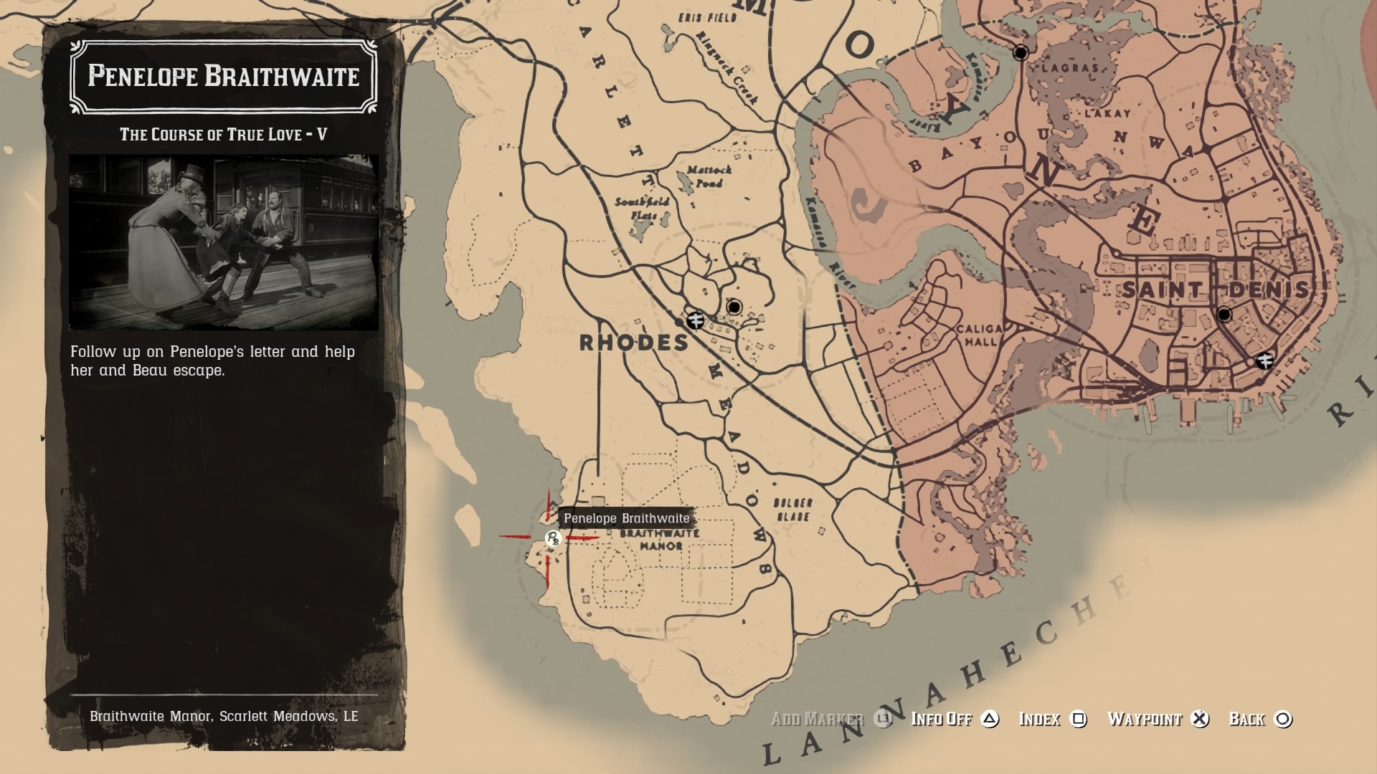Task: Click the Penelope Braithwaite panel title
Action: [x=223, y=76]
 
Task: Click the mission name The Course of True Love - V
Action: [x=223, y=135]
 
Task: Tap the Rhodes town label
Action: [x=634, y=343]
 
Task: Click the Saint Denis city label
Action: [x=1215, y=290]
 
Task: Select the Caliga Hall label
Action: [x=979, y=335]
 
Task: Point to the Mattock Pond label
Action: [x=709, y=176]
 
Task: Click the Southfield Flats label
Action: [x=641, y=209]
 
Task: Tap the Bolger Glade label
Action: [x=792, y=510]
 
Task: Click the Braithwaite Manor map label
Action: [x=660, y=540]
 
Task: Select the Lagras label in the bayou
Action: [x=1070, y=68]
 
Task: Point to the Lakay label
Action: [x=1107, y=113]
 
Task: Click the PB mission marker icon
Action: [x=552, y=539]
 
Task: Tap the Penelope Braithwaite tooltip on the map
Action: [x=626, y=518]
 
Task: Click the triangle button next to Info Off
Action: [x=990, y=719]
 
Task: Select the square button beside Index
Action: [x=1078, y=719]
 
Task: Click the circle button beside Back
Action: [x=1283, y=719]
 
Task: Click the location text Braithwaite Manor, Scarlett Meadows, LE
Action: [x=224, y=716]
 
